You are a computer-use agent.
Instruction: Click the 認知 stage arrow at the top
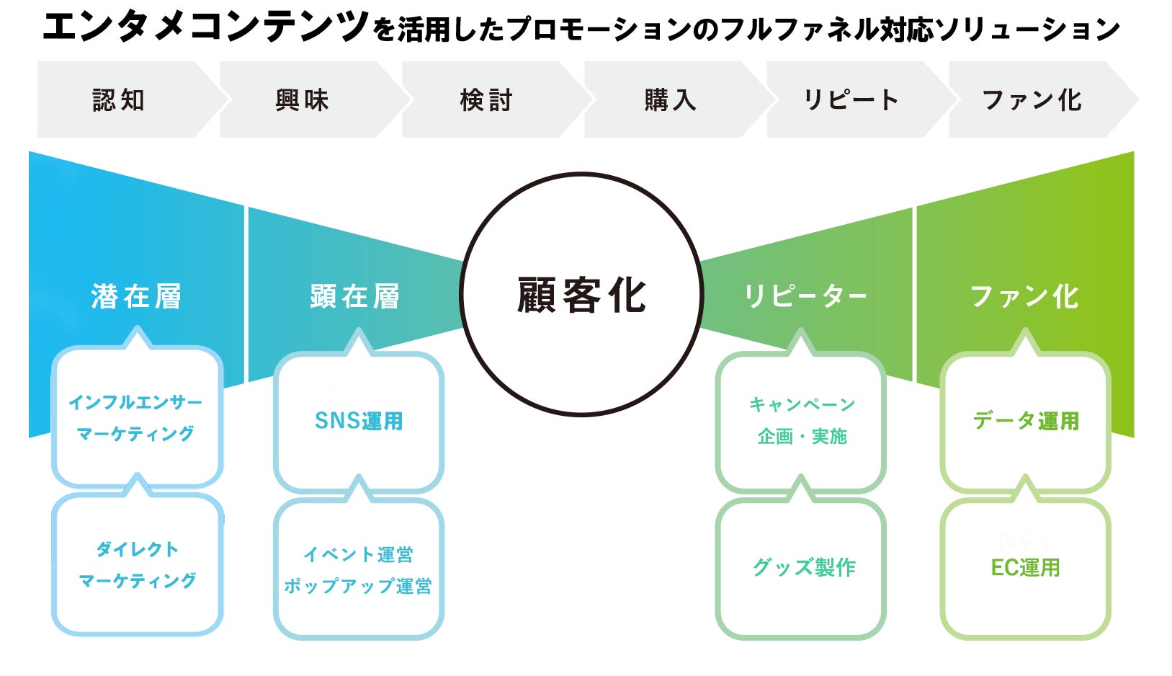120,99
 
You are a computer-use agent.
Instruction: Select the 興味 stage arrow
303,99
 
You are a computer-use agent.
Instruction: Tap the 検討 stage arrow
486,99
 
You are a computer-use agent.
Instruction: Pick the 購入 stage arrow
670,99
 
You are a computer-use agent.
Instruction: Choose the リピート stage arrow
851,99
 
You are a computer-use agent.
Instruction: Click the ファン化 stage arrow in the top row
1032,99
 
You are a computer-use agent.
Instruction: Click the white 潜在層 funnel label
136,296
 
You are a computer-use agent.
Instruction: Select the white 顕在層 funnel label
354,296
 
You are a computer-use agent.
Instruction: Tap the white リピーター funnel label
805,296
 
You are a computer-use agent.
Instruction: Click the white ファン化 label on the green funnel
1024,296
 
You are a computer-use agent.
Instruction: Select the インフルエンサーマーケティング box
136,418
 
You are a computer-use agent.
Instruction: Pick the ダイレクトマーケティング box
137,564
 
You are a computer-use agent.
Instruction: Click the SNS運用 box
359,422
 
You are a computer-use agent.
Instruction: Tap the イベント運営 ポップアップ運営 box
359,569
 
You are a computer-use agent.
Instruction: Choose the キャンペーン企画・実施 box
801,421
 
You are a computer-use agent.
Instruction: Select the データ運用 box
1026,422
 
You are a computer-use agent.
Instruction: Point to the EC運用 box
1026,568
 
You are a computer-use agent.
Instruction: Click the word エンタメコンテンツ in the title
205,27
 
